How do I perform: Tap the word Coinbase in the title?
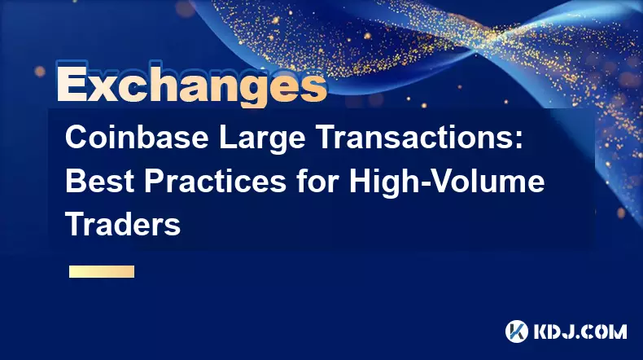click(137, 138)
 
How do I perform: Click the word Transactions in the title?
click(415, 138)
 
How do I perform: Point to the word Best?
click(99, 181)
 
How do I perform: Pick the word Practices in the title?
click(215, 181)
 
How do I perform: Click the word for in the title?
click(317, 181)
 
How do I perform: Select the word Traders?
click(123, 224)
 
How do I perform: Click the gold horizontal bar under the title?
click(102, 272)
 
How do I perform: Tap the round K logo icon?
click(517, 331)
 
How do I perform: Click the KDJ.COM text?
click(580, 331)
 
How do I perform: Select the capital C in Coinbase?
click(76, 138)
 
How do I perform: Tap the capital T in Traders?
click(75, 224)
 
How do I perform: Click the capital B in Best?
click(75, 181)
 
